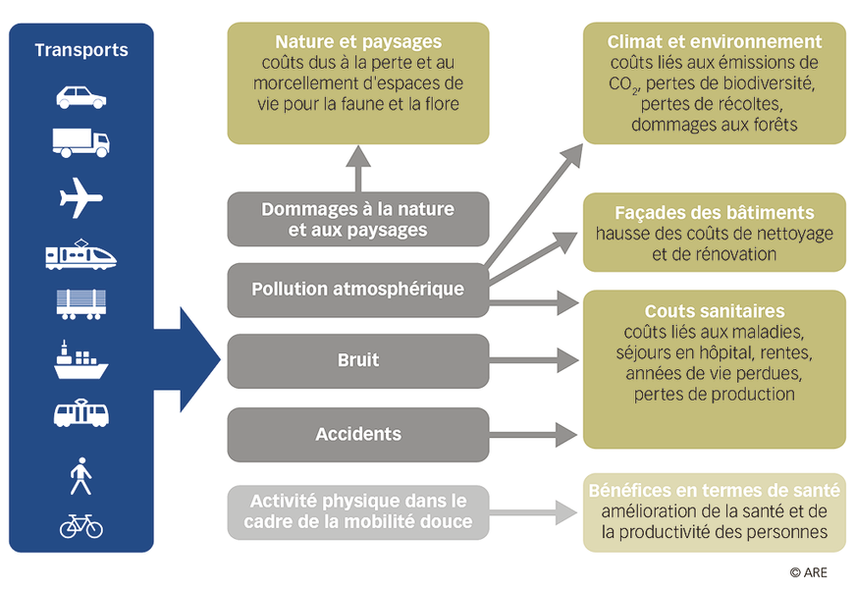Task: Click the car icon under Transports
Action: [x=81, y=97]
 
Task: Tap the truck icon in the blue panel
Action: [x=81, y=143]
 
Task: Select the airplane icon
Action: [x=80, y=197]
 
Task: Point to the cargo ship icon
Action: [x=80, y=360]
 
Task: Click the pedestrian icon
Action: [x=80, y=476]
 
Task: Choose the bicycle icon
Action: [x=81, y=526]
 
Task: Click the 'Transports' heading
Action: [x=81, y=50]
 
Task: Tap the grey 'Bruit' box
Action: [x=358, y=361]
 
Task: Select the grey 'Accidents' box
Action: [x=358, y=435]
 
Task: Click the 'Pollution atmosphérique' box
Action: [x=358, y=290]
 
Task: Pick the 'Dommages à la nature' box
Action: [x=358, y=219]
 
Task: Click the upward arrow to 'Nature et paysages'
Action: [x=358, y=169]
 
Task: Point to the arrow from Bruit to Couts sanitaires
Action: [x=534, y=360]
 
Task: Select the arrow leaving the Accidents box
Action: [x=533, y=435]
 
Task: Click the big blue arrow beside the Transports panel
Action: [x=187, y=359]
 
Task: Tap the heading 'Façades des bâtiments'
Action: [x=715, y=213]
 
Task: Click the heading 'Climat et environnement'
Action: [x=715, y=41]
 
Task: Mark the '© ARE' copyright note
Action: [x=809, y=572]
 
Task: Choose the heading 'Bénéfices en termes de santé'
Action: [x=715, y=490]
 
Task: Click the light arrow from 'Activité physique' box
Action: [x=533, y=512]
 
